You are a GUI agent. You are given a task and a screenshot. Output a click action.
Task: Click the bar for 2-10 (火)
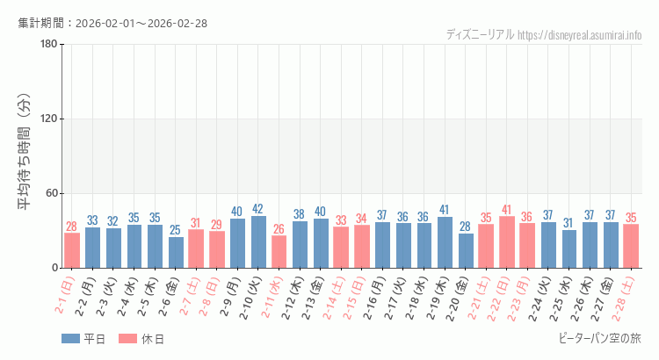click(x=258, y=241)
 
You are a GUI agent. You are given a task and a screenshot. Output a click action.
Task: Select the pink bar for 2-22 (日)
click(x=507, y=241)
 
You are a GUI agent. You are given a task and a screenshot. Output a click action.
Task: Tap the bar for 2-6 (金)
click(x=176, y=252)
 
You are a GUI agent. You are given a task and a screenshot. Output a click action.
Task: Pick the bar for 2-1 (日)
click(x=72, y=250)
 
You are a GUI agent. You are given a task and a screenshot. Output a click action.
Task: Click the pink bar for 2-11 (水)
click(x=279, y=251)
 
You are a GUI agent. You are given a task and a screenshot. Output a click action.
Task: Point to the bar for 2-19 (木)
click(x=445, y=242)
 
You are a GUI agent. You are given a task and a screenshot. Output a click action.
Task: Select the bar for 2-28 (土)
click(x=631, y=246)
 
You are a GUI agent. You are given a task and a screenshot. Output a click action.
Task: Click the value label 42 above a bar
click(x=258, y=209)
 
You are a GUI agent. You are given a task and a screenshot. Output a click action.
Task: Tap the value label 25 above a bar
click(x=176, y=230)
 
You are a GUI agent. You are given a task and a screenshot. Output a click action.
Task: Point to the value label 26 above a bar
click(x=279, y=229)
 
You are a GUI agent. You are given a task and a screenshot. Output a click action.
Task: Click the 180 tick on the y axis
click(x=48, y=45)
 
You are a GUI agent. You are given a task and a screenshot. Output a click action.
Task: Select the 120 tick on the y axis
click(x=48, y=119)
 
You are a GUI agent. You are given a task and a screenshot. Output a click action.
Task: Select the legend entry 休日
click(x=142, y=339)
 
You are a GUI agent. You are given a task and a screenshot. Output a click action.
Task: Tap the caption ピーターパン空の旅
click(x=599, y=338)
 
